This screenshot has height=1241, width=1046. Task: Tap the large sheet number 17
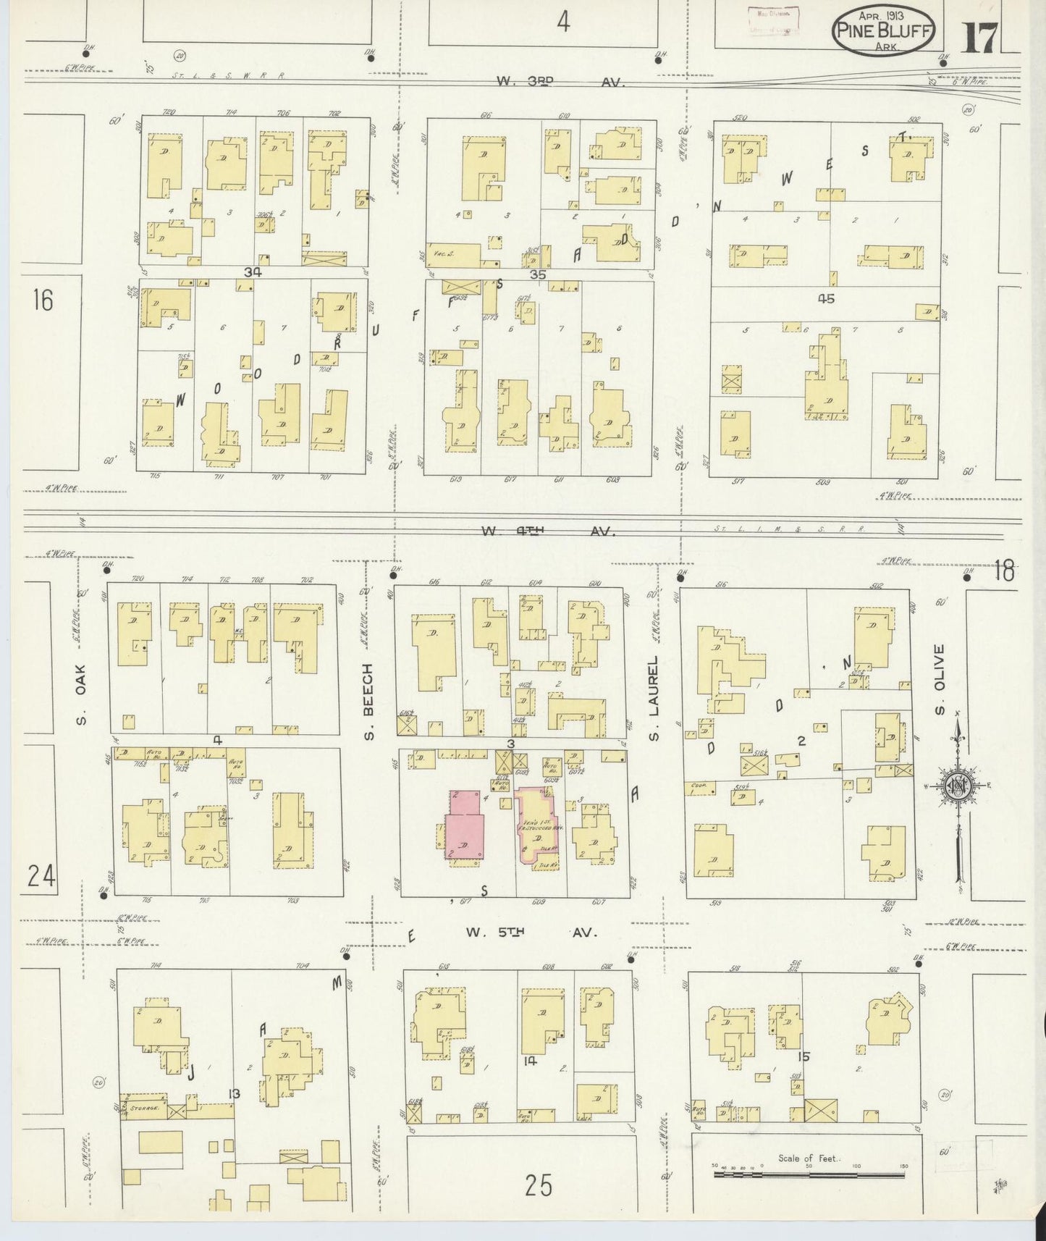point(980,37)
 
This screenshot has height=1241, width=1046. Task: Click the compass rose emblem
point(957,788)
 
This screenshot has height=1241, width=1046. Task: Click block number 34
point(253,272)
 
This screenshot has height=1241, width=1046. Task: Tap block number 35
point(538,275)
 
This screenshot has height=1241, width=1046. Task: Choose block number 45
point(826,298)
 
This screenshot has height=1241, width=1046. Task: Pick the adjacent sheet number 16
point(43,299)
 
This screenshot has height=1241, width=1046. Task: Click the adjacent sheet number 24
point(41,877)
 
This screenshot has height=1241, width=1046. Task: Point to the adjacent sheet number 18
point(1004,571)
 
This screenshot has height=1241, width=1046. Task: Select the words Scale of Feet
point(809,1158)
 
